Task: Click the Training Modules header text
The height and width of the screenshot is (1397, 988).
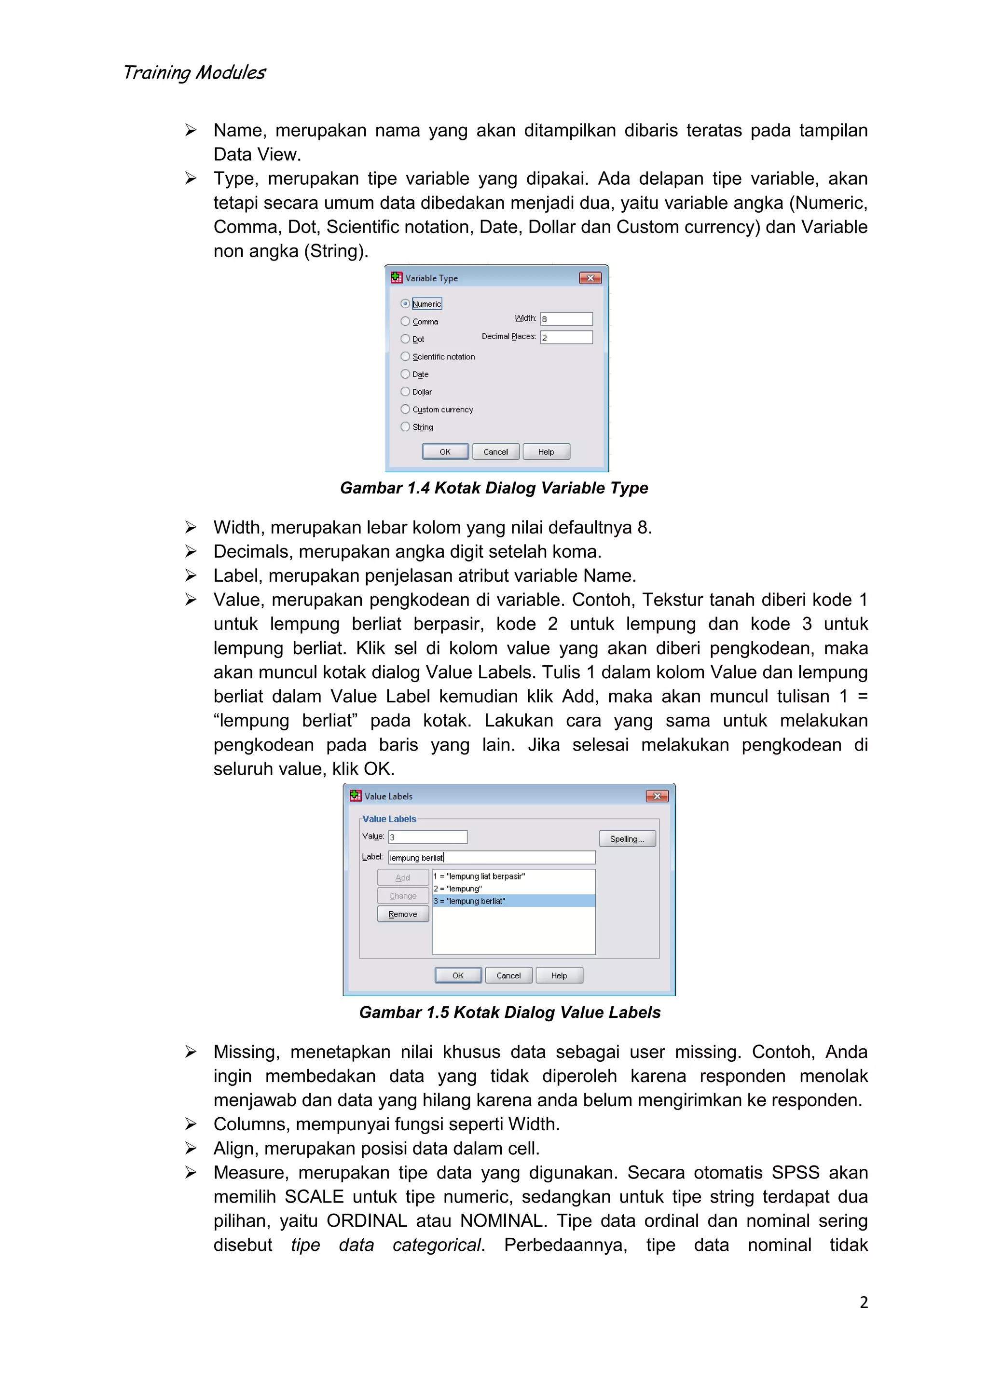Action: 194,72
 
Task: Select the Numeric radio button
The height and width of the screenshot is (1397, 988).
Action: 405,303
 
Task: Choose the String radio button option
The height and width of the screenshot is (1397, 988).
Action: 405,427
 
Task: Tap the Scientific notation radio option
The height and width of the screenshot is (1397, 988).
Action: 405,356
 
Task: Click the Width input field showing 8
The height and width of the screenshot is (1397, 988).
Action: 566,319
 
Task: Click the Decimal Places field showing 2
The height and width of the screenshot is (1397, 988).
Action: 566,337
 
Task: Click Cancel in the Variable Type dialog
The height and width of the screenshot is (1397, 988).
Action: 495,452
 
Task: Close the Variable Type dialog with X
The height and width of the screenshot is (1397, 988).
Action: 590,278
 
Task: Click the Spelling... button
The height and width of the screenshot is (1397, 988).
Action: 627,838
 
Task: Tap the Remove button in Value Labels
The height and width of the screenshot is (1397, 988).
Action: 403,914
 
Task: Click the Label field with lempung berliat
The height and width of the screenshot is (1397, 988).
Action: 491,857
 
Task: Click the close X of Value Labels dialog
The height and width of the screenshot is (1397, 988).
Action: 657,796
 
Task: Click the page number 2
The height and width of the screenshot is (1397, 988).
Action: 863,1302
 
